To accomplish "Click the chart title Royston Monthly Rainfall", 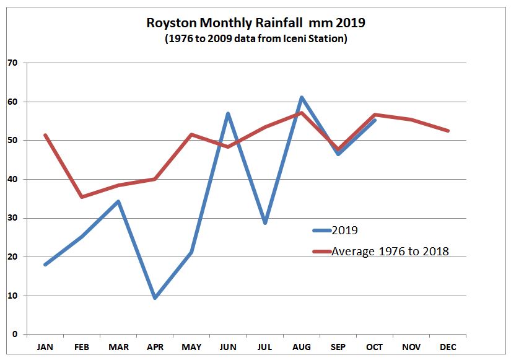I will click(255, 24).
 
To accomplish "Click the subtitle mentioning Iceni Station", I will click(255, 38).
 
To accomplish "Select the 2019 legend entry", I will click(345, 230).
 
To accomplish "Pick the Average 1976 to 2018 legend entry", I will click(390, 251).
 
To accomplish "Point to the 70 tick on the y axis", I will click(12, 63).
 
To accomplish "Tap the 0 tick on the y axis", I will click(14, 335).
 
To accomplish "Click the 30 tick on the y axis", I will click(12, 218).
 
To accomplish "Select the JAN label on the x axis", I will click(45, 348).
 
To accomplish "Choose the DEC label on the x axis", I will click(448, 348).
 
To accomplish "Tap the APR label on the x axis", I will click(155, 348).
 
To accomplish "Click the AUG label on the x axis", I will click(301, 348).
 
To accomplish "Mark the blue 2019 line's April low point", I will click(155, 298).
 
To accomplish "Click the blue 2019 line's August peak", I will click(301, 98).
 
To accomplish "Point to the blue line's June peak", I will click(228, 113).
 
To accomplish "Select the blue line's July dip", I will click(264, 222).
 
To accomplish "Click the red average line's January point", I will click(45, 135).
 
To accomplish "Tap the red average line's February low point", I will click(82, 197).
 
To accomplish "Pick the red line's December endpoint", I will click(448, 131).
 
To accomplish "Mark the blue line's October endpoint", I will click(374, 120).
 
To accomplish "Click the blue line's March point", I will click(118, 201).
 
